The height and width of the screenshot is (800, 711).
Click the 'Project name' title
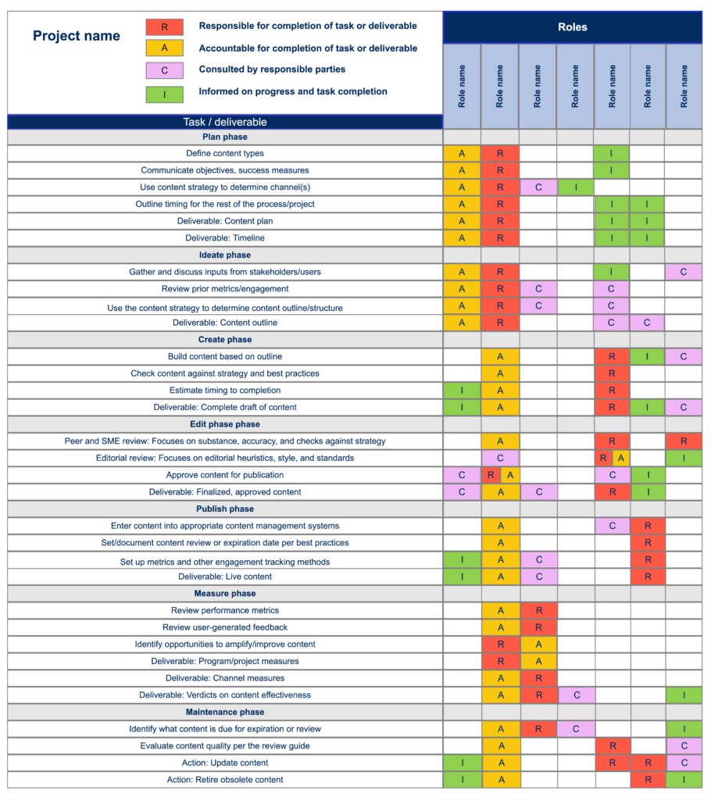pyautogui.click(x=77, y=36)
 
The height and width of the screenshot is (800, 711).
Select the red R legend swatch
pyautogui.click(x=164, y=27)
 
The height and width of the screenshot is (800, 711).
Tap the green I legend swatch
pyautogui.click(x=164, y=94)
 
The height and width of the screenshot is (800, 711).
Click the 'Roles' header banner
pyautogui.click(x=572, y=27)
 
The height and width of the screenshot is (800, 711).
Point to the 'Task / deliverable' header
pyautogui.click(x=225, y=122)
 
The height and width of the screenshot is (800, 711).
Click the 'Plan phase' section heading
pyautogui.click(x=225, y=137)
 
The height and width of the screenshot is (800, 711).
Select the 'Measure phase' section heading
pyautogui.click(x=225, y=594)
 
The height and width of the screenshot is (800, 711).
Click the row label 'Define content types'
pyautogui.click(x=225, y=153)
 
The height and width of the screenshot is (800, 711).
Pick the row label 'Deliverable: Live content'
pyautogui.click(x=225, y=577)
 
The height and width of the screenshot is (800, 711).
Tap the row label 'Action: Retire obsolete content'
pyautogui.click(x=225, y=780)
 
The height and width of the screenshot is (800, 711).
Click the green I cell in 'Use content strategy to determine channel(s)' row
pyautogui.click(x=575, y=187)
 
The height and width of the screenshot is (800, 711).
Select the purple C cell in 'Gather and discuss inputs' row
pyautogui.click(x=684, y=272)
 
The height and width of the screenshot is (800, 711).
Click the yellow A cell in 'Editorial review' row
pyautogui.click(x=620, y=459)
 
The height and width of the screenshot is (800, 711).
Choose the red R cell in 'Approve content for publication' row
pyautogui.click(x=491, y=475)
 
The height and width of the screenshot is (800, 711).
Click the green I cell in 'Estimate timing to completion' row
pyautogui.click(x=462, y=391)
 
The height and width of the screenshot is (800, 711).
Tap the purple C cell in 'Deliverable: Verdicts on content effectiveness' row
pyautogui.click(x=575, y=695)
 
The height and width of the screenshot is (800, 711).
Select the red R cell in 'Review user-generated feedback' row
pyautogui.click(x=538, y=627)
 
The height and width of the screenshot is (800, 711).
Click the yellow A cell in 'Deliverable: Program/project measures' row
pyautogui.click(x=538, y=662)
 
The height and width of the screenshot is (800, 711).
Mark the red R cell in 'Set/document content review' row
pyautogui.click(x=648, y=543)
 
